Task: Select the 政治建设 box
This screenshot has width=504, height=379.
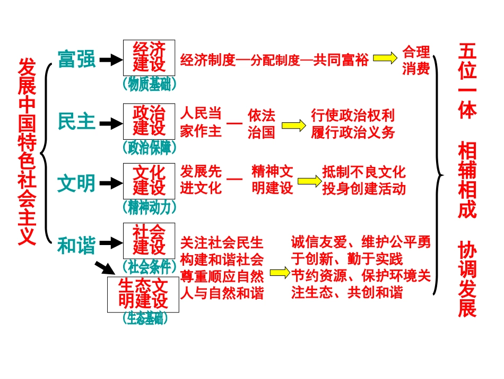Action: tap(149, 121)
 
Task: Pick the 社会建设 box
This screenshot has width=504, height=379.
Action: tap(149, 240)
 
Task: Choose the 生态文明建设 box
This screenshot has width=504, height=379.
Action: tap(143, 293)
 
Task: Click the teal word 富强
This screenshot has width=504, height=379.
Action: tap(76, 60)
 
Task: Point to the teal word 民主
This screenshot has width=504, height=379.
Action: tap(76, 122)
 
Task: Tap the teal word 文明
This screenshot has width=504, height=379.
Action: tap(76, 183)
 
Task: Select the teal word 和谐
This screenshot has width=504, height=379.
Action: tap(76, 246)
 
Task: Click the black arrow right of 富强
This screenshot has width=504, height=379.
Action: tap(111, 60)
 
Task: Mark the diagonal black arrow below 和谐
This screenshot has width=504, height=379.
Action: tap(103, 268)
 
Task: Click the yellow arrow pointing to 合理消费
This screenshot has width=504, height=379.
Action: tap(385, 58)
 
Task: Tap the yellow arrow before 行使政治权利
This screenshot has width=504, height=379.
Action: tap(293, 125)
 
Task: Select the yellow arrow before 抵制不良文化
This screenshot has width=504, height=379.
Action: tap(309, 181)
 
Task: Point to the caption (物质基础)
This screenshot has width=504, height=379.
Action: tap(149, 85)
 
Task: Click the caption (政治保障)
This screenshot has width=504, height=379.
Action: tap(149, 147)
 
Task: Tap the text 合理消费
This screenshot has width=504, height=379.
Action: tap(415, 60)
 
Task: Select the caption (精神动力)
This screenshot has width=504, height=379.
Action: tap(149, 206)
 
